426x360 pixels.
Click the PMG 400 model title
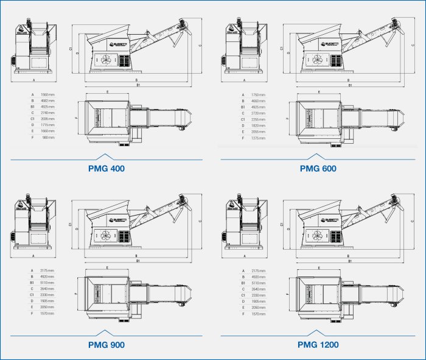(106, 169)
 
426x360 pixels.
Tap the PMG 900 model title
(106, 345)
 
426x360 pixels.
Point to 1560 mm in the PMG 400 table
(47, 94)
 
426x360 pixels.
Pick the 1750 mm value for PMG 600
(259, 94)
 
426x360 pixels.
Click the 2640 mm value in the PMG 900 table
(47, 289)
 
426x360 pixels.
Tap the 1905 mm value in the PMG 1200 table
(259, 301)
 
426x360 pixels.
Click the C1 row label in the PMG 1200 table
(243, 295)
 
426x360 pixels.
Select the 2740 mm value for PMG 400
(47, 113)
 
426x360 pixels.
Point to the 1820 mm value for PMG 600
(259, 125)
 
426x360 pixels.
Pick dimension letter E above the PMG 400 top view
(107, 92)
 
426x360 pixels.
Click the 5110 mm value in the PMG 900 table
(47, 283)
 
